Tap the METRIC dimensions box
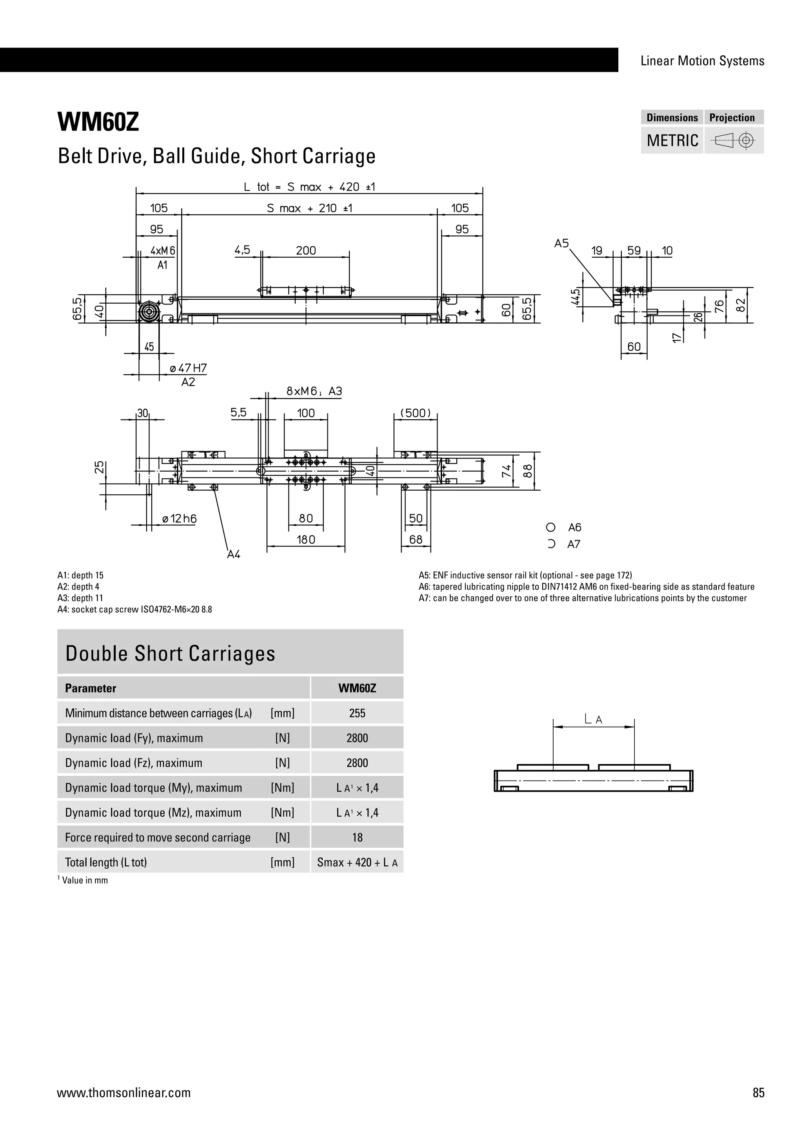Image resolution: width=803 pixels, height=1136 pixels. coord(672,140)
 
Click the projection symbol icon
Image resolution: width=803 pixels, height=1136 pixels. coord(734,140)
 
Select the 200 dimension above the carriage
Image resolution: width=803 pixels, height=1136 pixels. coord(305,250)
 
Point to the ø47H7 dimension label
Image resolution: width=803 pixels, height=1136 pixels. coord(188,368)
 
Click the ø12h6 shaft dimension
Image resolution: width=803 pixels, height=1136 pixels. coord(179,519)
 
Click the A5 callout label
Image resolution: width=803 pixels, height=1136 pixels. coord(561,244)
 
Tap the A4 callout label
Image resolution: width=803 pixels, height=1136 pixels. coord(233,555)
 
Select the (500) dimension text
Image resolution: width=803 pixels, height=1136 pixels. coord(415,413)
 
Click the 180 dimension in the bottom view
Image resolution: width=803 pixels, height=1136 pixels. coord(305,539)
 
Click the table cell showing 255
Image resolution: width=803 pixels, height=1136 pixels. coord(357,713)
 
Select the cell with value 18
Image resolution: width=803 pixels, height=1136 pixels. coord(357,837)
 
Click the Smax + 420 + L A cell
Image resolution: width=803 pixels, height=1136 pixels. coord(357,862)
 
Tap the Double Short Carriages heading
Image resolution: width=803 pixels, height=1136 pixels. coord(170,653)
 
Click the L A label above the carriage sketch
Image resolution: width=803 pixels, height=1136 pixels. coord(593,719)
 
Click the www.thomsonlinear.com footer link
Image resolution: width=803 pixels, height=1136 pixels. coord(124,1092)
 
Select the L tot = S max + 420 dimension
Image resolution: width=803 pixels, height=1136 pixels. coord(309,187)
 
